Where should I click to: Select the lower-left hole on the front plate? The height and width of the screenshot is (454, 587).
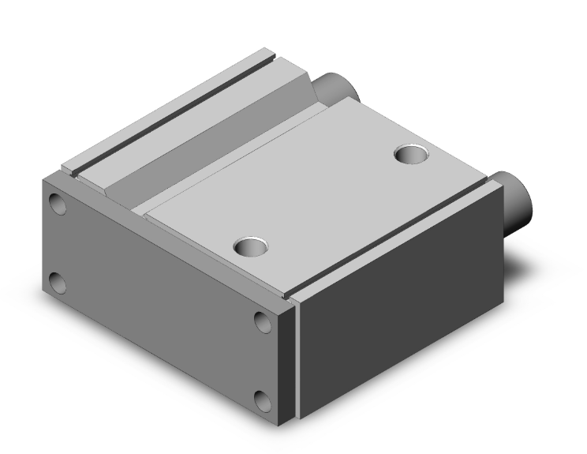[57, 282]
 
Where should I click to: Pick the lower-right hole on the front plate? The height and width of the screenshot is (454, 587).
[264, 399]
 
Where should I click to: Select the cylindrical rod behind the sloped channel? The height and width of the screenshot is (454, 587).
[336, 87]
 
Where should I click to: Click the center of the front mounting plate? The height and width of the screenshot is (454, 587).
[162, 300]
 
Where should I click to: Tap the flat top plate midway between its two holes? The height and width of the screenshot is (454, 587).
[331, 201]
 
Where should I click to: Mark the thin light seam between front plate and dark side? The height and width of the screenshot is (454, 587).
[299, 355]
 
